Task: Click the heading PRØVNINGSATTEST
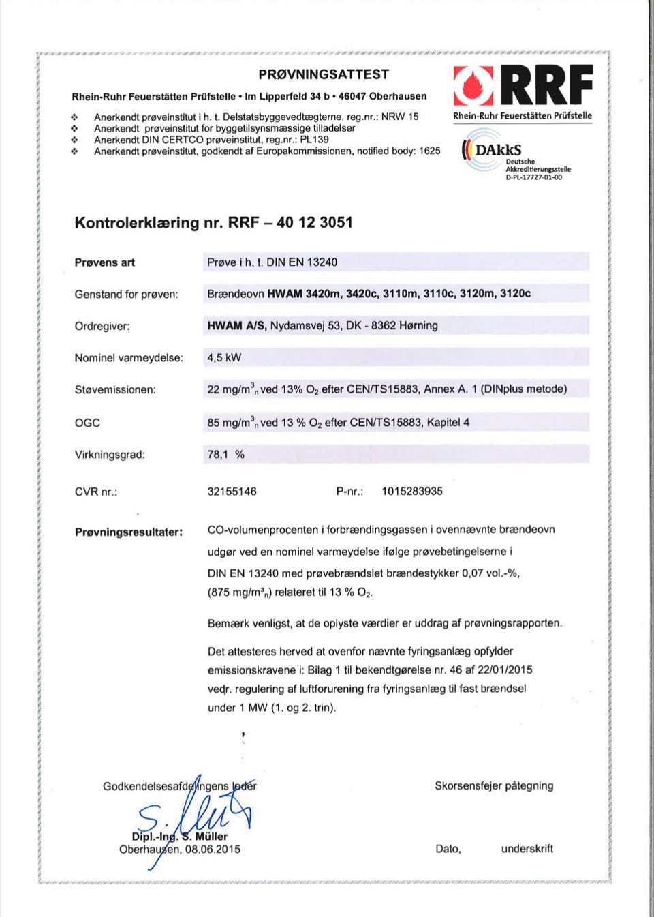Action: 324,74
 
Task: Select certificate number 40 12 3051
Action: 315,222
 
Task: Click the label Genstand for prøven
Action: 126,294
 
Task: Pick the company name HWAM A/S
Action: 237,325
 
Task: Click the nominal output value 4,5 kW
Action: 224,357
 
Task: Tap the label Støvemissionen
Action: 115,389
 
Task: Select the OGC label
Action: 87,423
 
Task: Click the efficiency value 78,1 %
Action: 225,454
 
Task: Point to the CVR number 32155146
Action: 232,491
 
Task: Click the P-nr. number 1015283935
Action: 411,491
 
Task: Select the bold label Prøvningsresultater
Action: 129,532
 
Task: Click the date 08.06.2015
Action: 213,849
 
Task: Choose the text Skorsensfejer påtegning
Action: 494,785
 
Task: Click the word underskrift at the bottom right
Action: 527,848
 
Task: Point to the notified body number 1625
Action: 429,151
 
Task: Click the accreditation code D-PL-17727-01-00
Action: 533,177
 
